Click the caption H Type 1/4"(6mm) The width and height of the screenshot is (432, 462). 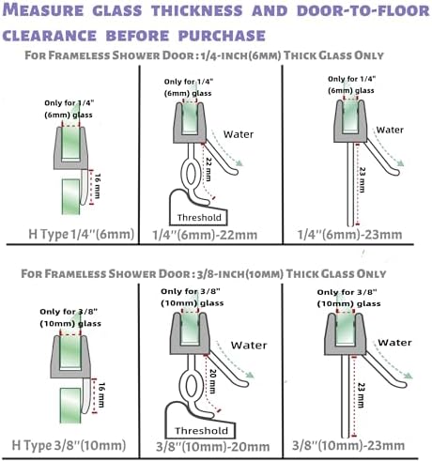coord(82,234)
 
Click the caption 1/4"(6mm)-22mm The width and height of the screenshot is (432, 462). coord(205,235)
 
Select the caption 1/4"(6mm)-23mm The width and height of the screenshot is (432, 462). coord(349,235)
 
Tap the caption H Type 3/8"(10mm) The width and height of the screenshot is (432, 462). coord(69,445)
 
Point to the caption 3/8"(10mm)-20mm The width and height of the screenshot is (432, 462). coord(213,447)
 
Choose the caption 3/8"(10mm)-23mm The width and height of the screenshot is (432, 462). coord(348,445)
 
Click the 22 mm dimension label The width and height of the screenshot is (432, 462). coord(208,169)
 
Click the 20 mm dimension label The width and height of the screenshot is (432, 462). coord(212,381)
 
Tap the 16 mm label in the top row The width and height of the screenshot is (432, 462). coord(98,186)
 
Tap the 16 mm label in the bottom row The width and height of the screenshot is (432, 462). coord(101,395)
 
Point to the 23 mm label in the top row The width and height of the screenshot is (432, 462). coord(362,180)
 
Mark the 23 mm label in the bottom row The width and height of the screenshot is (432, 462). coord(361,395)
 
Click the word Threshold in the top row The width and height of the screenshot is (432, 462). coord(199,218)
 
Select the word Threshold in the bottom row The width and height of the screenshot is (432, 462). coord(201,431)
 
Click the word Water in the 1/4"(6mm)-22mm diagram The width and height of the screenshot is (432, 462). coord(239,134)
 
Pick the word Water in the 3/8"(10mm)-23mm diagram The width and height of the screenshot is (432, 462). coord(394,343)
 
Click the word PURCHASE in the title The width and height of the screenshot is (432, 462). coord(222,35)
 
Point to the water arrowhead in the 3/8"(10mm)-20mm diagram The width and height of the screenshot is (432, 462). coord(250,376)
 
